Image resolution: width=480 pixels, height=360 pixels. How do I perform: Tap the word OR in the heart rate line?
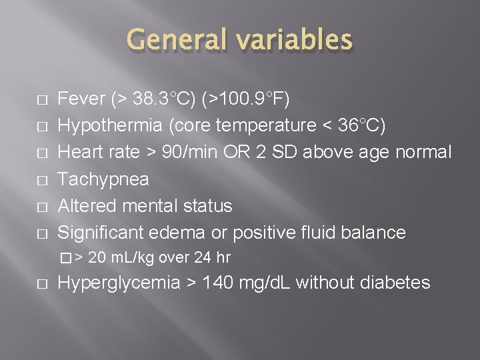[231, 153]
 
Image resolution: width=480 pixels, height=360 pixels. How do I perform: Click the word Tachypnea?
[103, 179]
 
